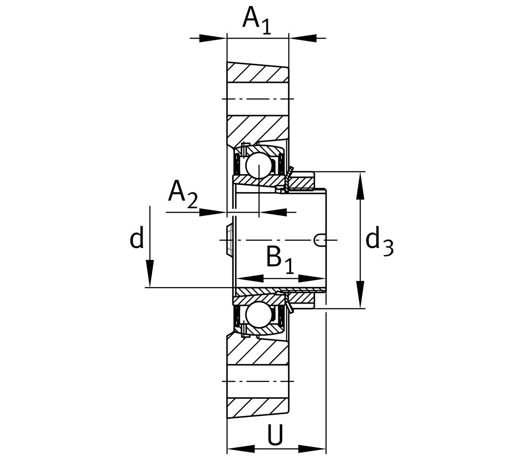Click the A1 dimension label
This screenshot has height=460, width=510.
pyautogui.click(x=256, y=20)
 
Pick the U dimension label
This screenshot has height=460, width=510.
pyautogui.click(x=275, y=435)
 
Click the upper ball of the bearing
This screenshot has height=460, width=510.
pyautogui.click(x=258, y=165)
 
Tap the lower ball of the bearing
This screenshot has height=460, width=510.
pyautogui.click(x=258, y=314)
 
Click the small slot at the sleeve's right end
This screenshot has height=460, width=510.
pyautogui.click(x=320, y=240)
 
